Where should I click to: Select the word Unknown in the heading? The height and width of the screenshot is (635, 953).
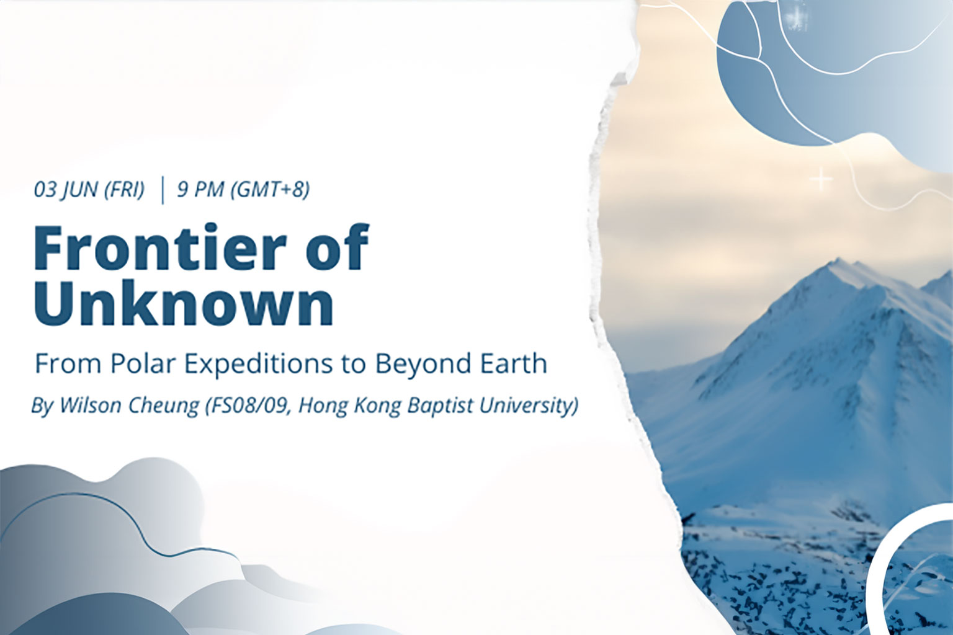click(184, 303)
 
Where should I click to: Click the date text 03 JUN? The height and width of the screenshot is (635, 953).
click(64, 190)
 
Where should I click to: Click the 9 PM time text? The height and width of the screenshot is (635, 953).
click(200, 190)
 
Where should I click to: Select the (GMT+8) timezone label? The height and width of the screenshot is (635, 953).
click(270, 190)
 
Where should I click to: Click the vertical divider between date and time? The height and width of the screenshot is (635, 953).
click(163, 191)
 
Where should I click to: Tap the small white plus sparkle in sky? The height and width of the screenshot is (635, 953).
click(820, 180)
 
